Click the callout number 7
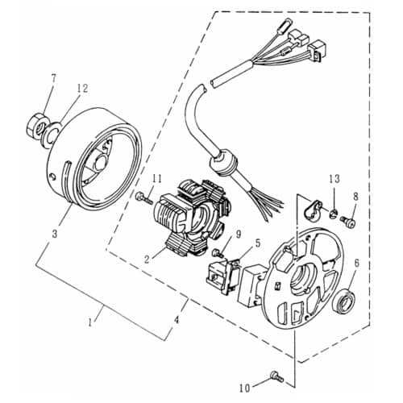53,78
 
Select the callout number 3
55,233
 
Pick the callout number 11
158,178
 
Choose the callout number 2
147,259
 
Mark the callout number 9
216,235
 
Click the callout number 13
334,178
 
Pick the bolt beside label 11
143,196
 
